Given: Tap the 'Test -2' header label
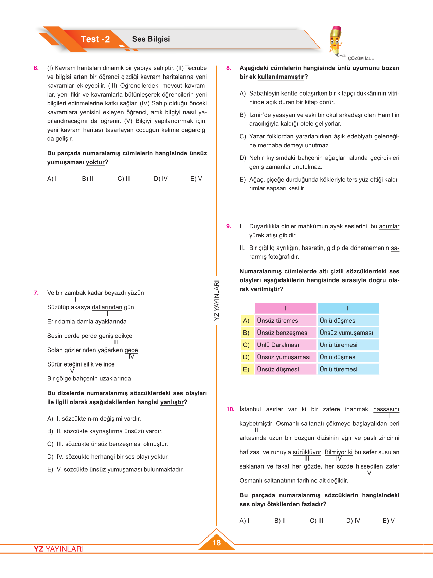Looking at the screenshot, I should (95, 39).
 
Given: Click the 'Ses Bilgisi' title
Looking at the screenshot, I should (151, 39).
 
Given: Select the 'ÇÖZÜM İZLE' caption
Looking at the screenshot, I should (361, 58).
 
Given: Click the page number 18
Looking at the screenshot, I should (216, 542).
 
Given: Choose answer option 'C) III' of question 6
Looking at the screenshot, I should (124, 179).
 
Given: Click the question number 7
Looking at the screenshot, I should (36, 293).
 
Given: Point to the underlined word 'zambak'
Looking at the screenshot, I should (75, 293).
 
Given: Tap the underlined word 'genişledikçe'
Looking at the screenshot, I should (115, 336).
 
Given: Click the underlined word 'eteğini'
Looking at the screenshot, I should (73, 364).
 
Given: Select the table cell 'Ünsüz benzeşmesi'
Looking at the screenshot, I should (283, 333).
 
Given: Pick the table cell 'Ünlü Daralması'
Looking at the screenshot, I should (278, 345).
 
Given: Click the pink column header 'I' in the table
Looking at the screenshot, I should (285, 308).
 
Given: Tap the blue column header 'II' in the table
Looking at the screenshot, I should (348, 308).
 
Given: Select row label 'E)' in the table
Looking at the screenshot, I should (246, 370).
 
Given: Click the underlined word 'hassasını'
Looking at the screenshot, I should (386, 409).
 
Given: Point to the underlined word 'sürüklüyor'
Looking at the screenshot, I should (307, 452).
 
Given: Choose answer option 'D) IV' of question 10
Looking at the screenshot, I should (353, 521).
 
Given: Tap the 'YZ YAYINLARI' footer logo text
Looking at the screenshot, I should (59, 549).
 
